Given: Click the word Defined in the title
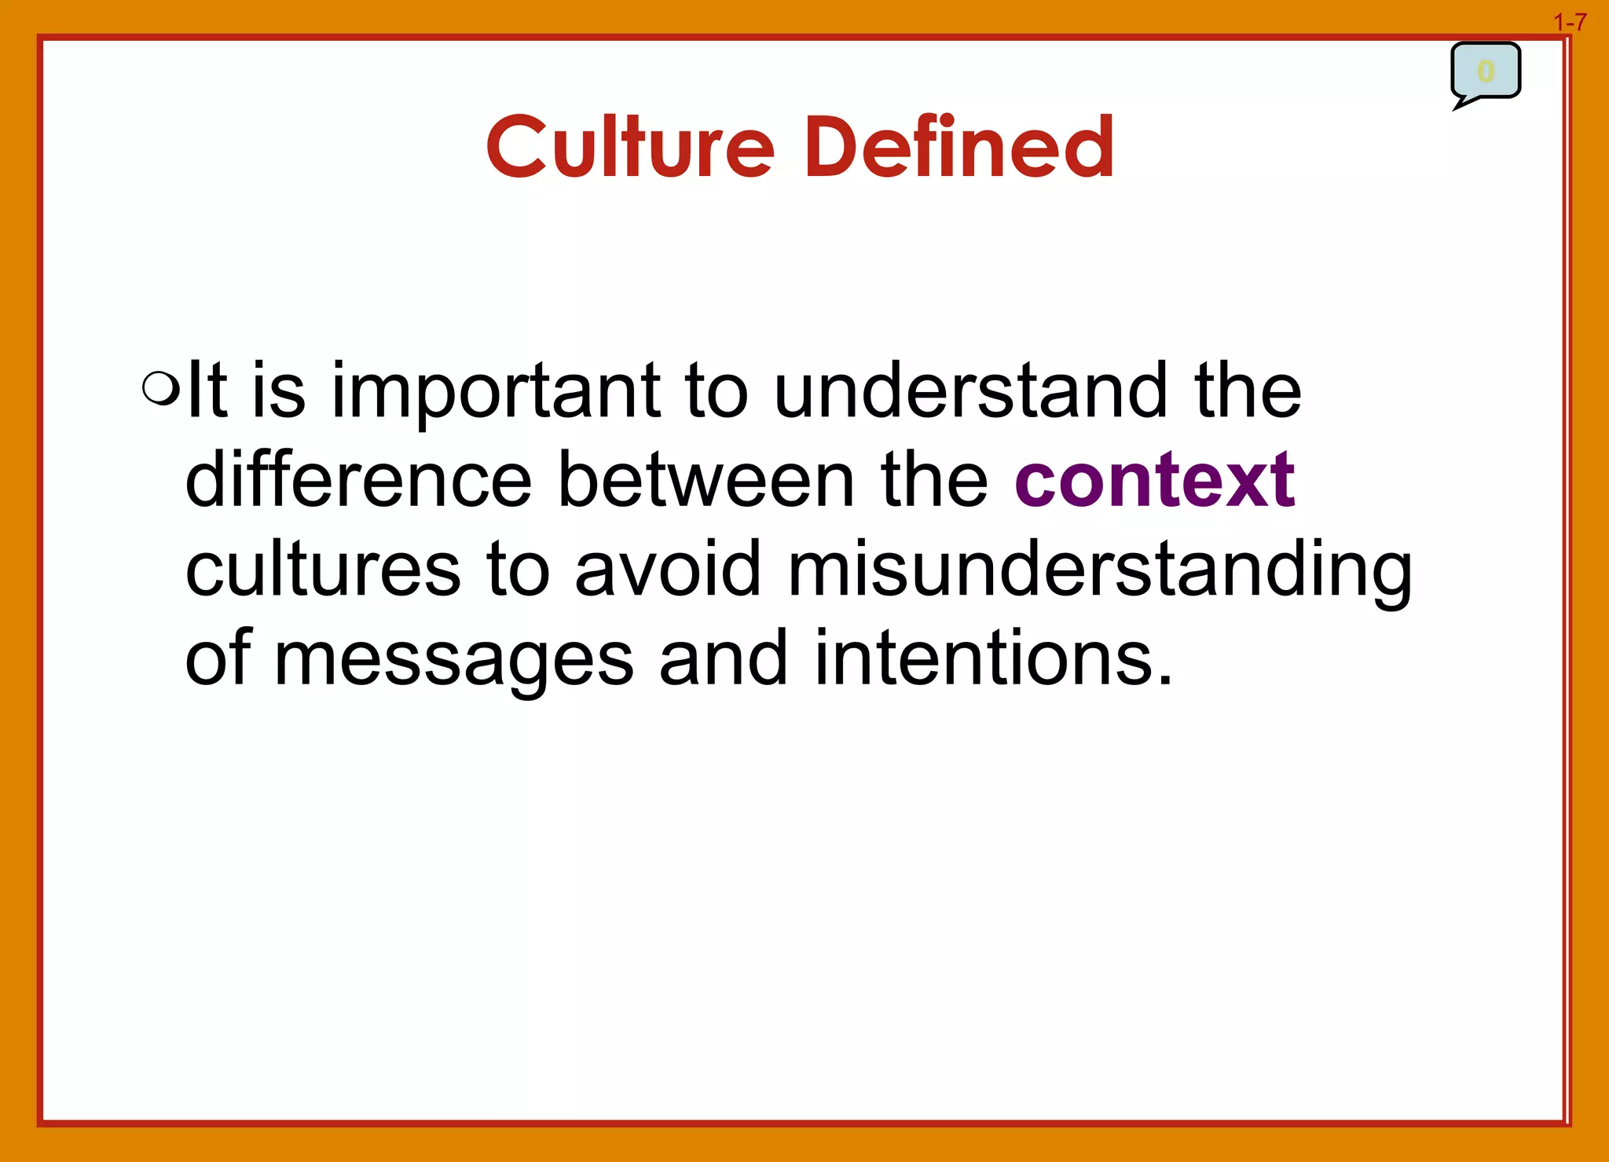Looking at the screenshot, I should pos(958,147).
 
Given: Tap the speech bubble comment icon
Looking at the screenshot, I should pos(1485,72).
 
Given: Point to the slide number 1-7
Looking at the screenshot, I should pos(1570,23).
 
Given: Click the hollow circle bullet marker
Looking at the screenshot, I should pos(161,387).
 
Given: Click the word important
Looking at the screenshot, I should pos(496,391).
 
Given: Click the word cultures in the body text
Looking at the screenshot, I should pos(323,568).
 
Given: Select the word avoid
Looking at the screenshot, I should pos(668,568).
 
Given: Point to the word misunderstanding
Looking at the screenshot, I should pos(1100,570).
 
